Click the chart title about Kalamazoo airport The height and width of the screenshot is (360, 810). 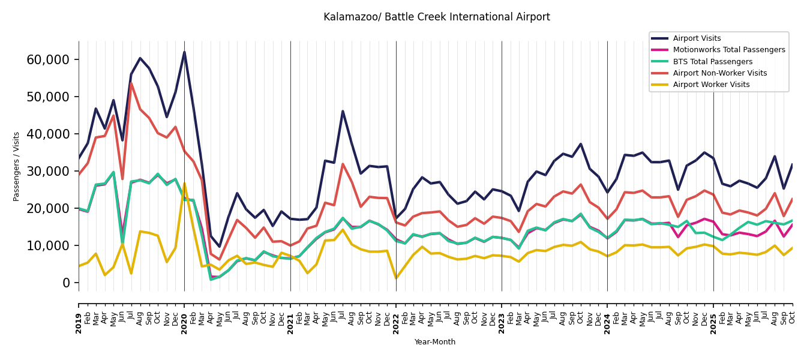click(436, 17)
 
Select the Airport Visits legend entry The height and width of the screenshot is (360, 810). click(697, 38)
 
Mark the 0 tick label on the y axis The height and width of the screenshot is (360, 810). click(67, 283)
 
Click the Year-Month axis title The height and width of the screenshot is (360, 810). click(435, 342)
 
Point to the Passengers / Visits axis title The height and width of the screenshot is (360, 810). click(17, 166)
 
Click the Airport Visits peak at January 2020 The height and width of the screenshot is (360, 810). click(184, 52)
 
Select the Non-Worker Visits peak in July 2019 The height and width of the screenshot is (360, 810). click(131, 83)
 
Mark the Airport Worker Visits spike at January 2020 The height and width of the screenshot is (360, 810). click(184, 183)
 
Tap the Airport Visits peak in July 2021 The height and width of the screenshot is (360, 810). click(343, 111)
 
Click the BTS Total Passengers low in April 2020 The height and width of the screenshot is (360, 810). click(211, 280)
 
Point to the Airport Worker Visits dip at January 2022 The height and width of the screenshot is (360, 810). click(396, 278)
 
